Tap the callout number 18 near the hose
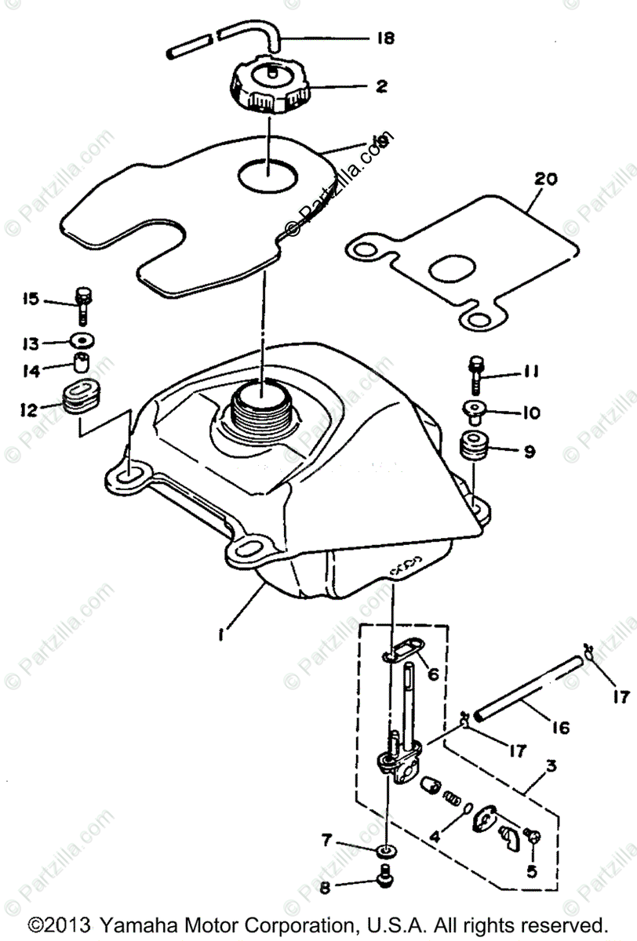point(386,38)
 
